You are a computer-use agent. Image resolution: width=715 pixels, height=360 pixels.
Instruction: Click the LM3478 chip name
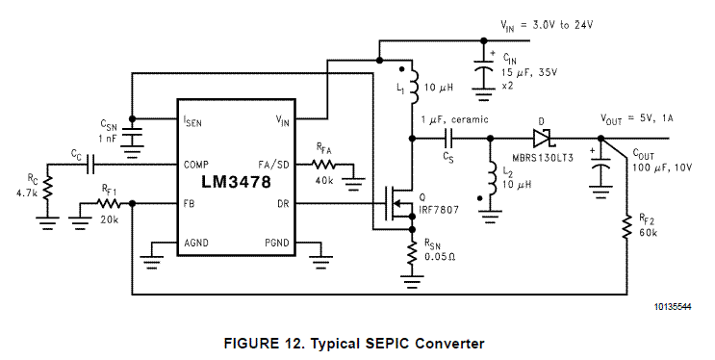pyautogui.click(x=236, y=182)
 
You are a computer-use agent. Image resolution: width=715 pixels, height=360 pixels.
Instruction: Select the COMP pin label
pyautogui.click(x=196, y=165)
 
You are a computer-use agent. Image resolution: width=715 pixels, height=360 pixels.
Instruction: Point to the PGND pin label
pyautogui.click(x=277, y=243)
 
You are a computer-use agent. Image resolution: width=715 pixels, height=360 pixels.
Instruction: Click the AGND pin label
pyautogui.click(x=196, y=243)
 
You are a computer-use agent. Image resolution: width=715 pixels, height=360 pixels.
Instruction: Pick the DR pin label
pyautogui.click(x=283, y=203)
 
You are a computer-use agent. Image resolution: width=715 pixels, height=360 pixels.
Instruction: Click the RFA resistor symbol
pyautogui.click(x=323, y=165)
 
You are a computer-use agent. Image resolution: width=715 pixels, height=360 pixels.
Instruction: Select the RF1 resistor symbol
pyautogui.click(x=108, y=203)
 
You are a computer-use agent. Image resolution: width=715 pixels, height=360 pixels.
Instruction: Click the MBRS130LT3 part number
pyautogui.click(x=543, y=158)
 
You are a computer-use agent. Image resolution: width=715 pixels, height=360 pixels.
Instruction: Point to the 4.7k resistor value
pyautogui.click(x=27, y=193)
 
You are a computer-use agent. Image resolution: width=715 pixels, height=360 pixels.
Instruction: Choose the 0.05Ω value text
pyautogui.click(x=440, y=257)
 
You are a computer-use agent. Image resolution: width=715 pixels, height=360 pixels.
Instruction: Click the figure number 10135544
pyautogui.click(x=673, y=307)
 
